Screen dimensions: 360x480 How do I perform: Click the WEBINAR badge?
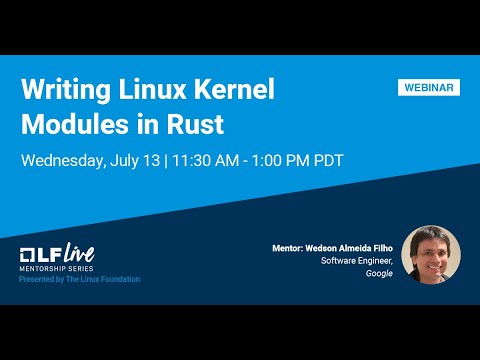tap(430, 88)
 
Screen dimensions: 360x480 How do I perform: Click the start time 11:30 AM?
tap(212, 160)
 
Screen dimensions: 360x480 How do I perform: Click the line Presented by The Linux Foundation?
tap(80, 279)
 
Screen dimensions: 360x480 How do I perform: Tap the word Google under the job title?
tap(379, 273)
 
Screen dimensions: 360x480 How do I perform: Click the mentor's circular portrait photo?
tap(431, 254)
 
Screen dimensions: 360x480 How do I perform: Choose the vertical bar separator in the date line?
tap(167, 160)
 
